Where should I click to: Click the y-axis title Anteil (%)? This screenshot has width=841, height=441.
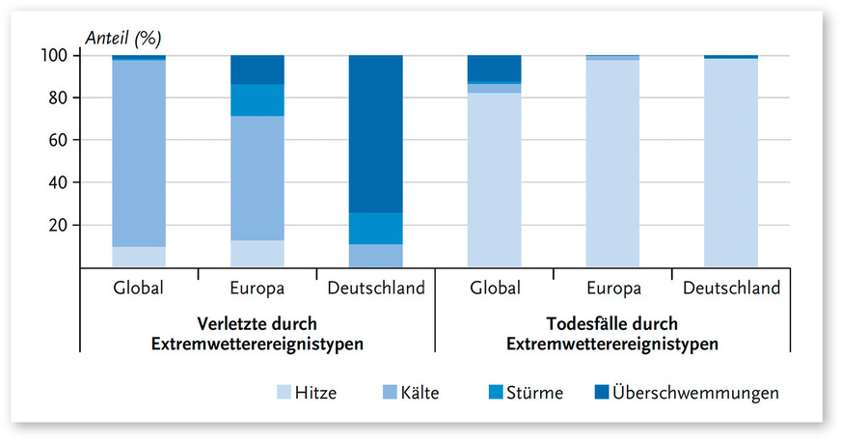pyautogui.click(x=123, y=39)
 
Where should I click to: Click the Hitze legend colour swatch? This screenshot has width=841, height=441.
pyautogui.click(x=284, y=393)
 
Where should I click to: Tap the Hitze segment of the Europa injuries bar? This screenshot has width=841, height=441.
pyautogui.click(x=258, y=254)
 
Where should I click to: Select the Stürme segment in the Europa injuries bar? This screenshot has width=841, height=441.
pyautogui.click(x=258, y=99)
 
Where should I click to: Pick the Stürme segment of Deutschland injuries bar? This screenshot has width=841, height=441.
pyautogui.click(x=375, y=228)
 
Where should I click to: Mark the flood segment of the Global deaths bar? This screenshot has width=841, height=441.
pyautogui.click(x=493, y=69)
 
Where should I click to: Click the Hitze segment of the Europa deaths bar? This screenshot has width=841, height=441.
pyautogui.click(x=611, y=164)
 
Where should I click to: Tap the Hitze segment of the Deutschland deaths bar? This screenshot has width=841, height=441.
pyautogui.click(x=730, y=164)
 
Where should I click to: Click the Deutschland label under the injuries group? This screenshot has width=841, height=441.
pyautogui.click(x=375, y=289)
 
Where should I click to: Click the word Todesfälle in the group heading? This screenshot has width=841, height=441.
pyautogui.click(x=562, y=323)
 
